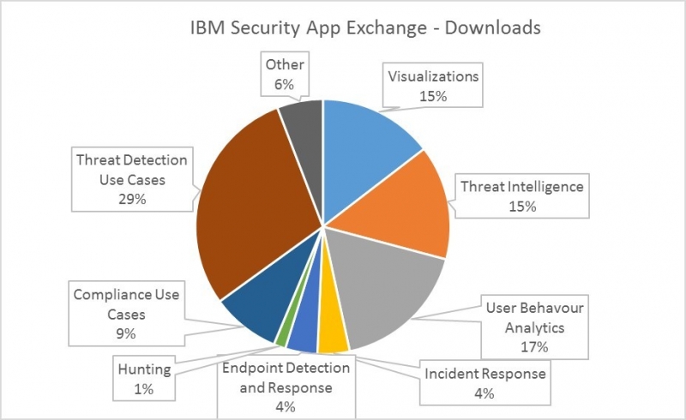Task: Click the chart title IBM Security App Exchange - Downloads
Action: click(x=365, y=27)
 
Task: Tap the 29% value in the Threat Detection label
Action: click(x=132, y=200)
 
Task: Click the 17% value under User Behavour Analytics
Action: click(x=534, y=347)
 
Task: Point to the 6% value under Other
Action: click(x=285, y=84)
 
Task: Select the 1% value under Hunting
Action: click(x=144, y=388)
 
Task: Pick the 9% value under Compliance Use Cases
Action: click(x=126, y=333)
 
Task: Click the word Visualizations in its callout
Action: click(x=434, y=76)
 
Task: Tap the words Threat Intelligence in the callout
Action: click(x=522, y=187)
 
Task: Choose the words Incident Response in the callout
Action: click(x=485, y=374)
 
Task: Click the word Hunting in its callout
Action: click(x=144, y=369)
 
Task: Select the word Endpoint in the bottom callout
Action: click(x=252, y=369)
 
